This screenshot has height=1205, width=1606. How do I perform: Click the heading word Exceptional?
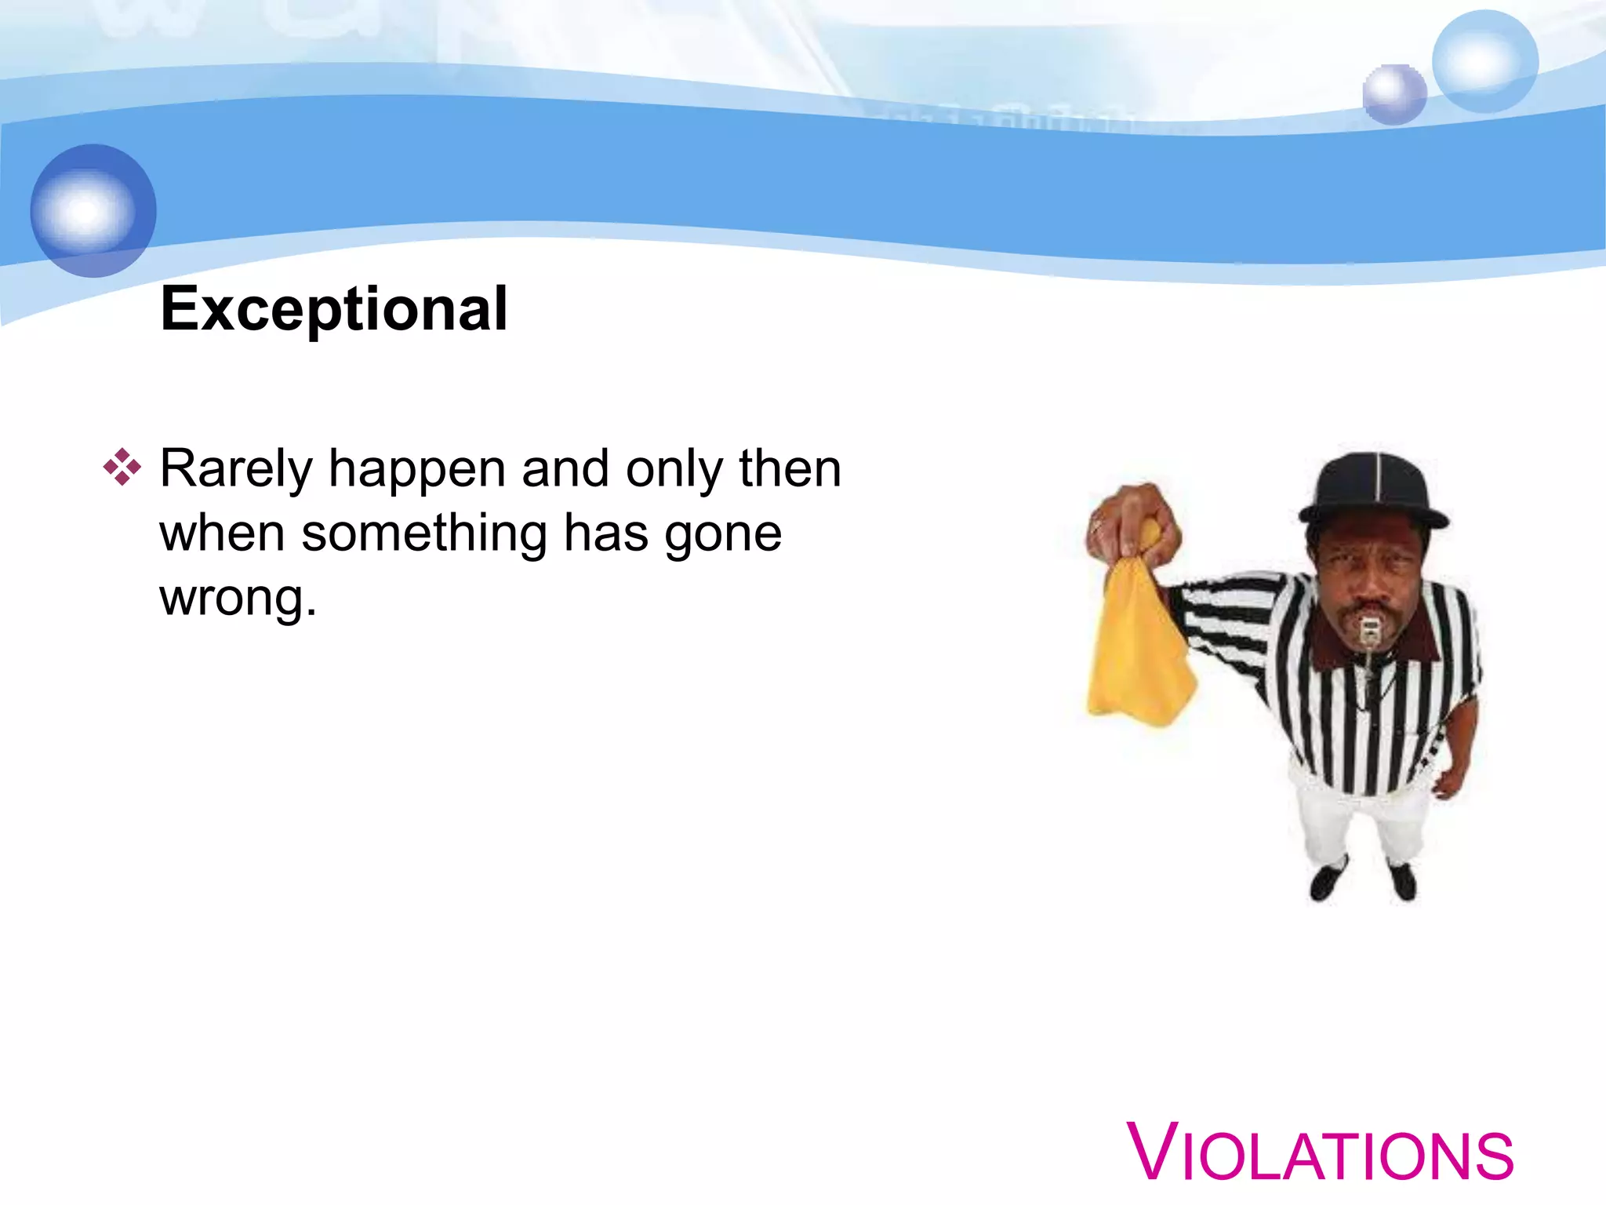pos(334,309)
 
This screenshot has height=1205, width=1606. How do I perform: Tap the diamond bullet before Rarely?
pos(122,468)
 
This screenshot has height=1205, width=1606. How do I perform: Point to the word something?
pos(424,533)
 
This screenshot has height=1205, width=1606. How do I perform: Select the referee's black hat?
pos(1374,490)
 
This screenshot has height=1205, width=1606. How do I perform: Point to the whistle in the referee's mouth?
pos(1369,631)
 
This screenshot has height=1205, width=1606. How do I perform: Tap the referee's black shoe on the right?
pos(1403,880)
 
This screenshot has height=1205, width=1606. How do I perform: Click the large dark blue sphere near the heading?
pos(93,210)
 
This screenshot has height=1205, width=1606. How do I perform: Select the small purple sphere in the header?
pos(1393,94)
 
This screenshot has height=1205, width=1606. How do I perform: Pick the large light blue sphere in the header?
pos(1484,61)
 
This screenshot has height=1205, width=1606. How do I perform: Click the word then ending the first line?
pos(790,469)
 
